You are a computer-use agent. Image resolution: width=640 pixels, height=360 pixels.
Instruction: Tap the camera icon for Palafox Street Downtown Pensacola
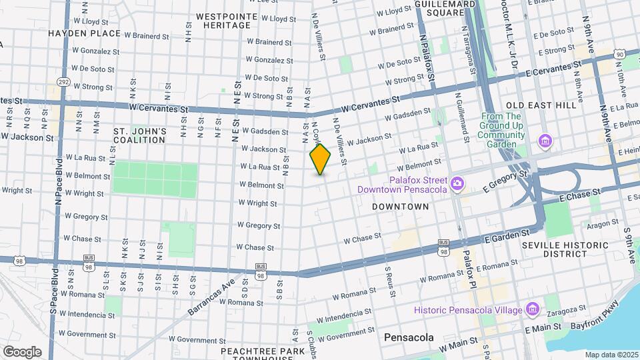point(457,183)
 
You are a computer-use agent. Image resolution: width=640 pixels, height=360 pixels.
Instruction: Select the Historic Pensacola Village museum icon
point(532,309)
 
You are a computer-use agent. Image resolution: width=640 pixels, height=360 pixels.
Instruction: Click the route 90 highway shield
point(619,54)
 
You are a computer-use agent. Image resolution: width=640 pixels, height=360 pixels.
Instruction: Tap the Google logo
point(21,351)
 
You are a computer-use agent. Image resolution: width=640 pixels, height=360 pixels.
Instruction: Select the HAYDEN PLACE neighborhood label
point(85,33)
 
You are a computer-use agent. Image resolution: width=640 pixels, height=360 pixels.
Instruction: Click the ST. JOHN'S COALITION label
point(130,135)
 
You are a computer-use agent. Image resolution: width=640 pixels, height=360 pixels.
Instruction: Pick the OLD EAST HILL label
point(540,105)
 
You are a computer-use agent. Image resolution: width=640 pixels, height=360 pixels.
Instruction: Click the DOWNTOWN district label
point(400,207)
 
